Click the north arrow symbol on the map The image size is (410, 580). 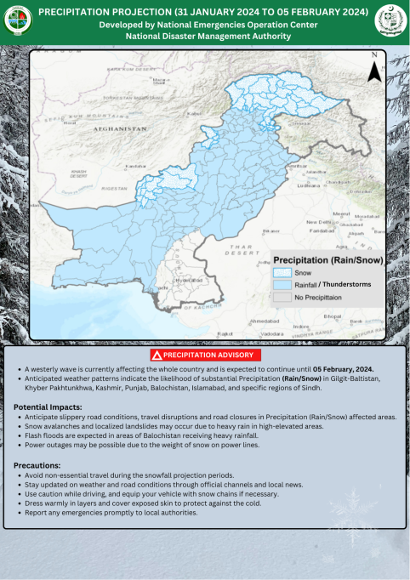coord(373,70)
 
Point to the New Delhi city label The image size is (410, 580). coord(318,222)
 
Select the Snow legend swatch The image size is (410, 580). coord(282,273)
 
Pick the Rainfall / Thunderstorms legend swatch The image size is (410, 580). coord(282,285)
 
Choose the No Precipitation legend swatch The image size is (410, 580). coord(282,298)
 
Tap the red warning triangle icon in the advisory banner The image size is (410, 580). coord(157,354)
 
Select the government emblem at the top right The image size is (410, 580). coord(390,20)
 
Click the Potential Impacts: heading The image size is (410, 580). coord(48,407)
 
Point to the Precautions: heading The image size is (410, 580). coord(38,465)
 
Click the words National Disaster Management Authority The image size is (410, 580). coord(203,37)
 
